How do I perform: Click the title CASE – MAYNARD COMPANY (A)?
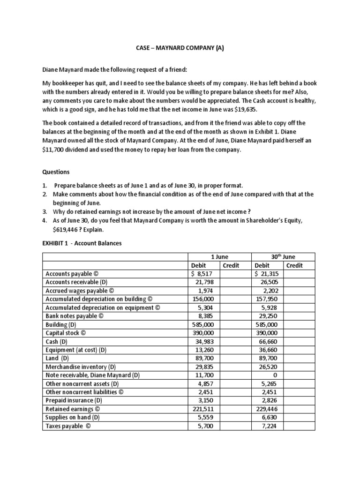180,48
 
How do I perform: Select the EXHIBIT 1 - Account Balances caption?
82,244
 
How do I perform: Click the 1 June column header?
219,256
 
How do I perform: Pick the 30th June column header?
284,256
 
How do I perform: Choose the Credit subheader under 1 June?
231,265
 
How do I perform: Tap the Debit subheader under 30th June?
262,265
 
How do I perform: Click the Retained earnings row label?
72,408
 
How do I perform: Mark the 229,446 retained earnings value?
266,408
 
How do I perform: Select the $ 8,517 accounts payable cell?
202,274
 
